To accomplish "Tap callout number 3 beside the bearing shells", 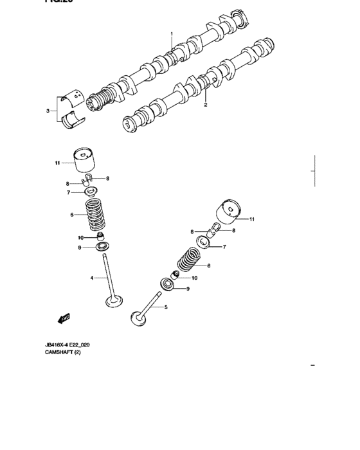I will click(48, 111).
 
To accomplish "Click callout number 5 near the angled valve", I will click(165, 308).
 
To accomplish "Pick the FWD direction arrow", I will click(64, 318).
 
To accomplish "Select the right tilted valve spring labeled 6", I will click(190, 260).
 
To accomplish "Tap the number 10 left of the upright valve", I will click(81, 237).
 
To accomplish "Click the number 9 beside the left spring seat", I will click(80, 248).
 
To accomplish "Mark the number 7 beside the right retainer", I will click(225, 247).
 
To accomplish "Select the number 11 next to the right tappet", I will click(252, 219).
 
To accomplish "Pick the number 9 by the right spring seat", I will click(188, 290).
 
